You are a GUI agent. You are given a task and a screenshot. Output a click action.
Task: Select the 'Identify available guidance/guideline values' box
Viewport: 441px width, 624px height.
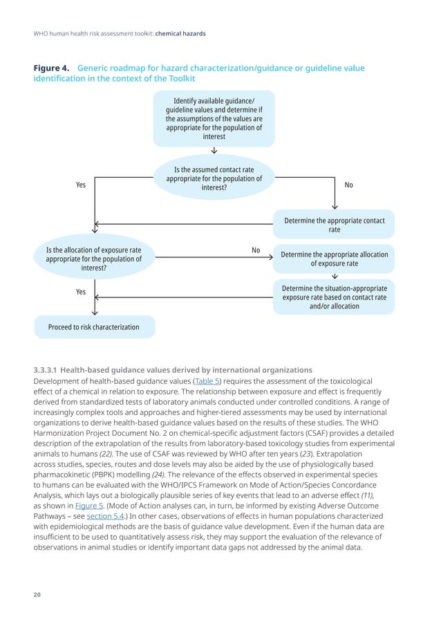214,118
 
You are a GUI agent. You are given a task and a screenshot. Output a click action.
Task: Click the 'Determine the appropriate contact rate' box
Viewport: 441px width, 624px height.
334,225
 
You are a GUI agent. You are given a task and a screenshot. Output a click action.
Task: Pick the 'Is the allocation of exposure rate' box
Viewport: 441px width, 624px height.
93,258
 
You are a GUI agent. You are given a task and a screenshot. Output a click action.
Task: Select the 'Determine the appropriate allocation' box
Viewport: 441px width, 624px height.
334,259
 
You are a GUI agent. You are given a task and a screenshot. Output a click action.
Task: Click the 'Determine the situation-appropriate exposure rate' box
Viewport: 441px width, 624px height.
334,296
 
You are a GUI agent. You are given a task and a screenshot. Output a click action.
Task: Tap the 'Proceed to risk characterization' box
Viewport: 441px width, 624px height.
93,327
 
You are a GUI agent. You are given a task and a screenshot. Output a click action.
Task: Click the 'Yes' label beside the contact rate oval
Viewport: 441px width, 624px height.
81,185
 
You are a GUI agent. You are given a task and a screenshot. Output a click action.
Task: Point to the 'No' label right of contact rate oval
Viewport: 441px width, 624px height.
348,185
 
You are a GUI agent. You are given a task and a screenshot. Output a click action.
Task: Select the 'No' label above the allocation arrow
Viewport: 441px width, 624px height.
256,250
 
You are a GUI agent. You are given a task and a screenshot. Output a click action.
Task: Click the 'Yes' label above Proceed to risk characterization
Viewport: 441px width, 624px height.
81,292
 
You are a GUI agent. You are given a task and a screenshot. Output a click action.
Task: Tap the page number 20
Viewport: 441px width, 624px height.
37,593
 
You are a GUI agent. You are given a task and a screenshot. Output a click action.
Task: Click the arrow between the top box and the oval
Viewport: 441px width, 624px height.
214,151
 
